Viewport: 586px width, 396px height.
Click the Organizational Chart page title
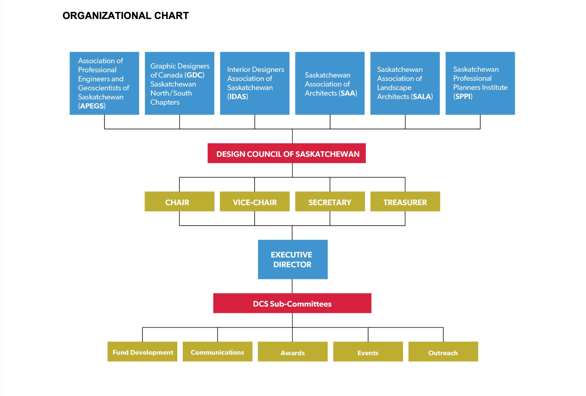125,15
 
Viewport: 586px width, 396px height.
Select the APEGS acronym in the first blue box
92,106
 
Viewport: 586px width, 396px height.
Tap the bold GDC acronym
194,75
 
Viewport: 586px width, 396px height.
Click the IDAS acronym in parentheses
238,96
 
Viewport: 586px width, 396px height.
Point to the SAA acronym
348,93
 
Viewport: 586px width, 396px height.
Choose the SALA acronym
422,97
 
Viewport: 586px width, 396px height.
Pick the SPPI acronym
463,96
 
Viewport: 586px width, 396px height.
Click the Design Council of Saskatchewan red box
287,153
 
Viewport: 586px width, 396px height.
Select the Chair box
180,202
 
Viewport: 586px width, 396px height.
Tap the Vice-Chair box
255,202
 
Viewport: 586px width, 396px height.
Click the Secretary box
330,202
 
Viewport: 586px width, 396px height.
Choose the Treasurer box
405,202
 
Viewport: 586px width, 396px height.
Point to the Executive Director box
293,260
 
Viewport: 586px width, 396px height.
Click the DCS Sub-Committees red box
292,303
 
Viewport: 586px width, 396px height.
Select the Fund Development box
142,351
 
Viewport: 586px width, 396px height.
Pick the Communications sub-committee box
218,351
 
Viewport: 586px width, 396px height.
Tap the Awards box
293,351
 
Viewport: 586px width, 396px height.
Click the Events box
368,351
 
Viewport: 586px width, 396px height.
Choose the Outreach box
443,351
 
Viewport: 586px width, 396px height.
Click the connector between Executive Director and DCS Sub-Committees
292,286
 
